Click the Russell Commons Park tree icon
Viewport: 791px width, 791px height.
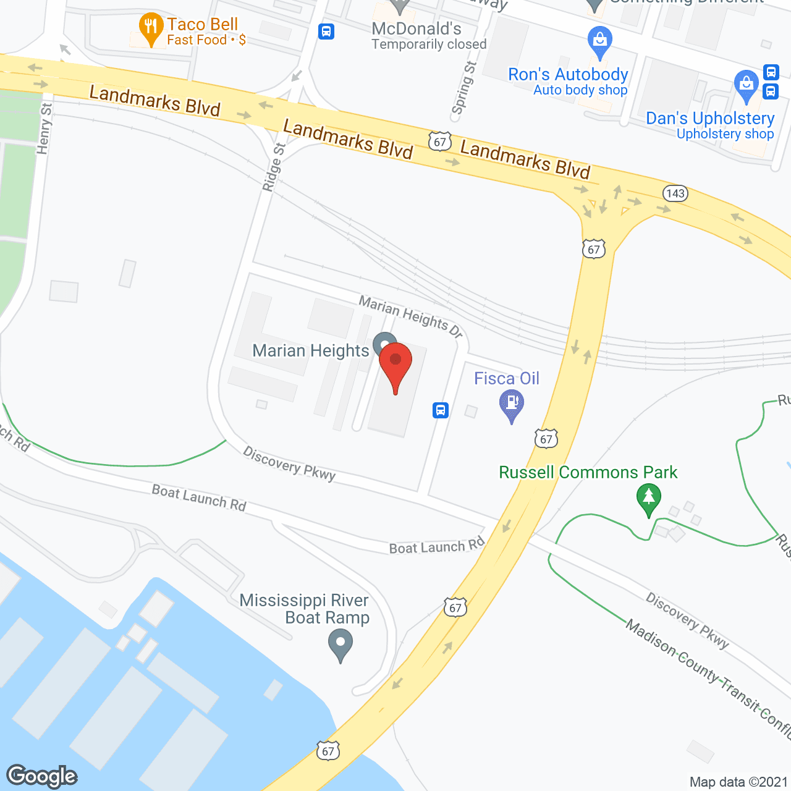(648, 498)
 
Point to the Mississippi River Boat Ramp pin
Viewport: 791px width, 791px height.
(340, 643)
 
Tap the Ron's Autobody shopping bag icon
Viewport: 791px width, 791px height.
(599, 41)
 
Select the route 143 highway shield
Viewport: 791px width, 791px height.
(675, 193)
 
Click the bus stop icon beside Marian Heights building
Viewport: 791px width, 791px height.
(440, 410)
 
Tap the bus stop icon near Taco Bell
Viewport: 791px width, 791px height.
(326, 31)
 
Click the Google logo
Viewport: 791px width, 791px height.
(42, 776)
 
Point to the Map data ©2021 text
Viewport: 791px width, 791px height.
(738, 782)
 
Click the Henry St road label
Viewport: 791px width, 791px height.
(44, 129)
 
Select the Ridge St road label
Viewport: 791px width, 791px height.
(273, 167)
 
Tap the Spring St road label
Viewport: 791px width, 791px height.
(463, 88)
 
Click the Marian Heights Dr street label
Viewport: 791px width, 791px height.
(410, 316)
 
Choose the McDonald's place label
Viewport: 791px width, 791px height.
(417, 29)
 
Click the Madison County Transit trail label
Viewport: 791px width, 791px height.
(708, 678)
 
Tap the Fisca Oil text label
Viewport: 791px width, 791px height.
(507, 378)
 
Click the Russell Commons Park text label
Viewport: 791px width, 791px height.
(588, 472)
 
